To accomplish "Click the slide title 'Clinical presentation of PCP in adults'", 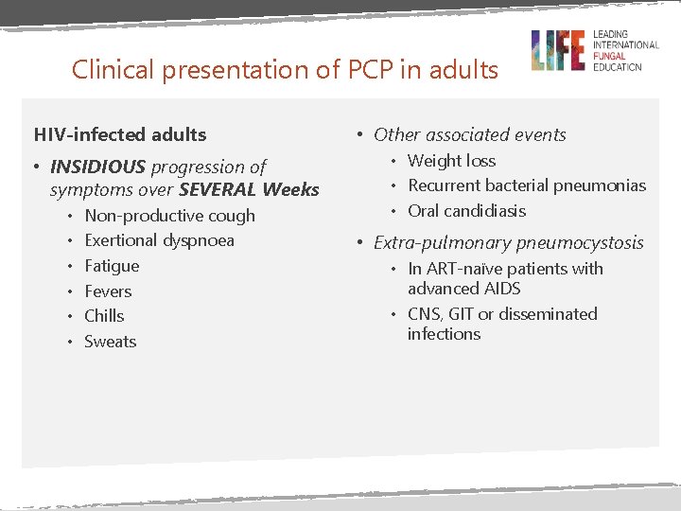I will pos(285,70).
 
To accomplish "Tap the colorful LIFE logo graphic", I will pos(557,50).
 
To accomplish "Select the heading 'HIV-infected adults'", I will pos(120,134).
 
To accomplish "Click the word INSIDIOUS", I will pos(97,167).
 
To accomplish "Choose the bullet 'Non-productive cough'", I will pos(169,216).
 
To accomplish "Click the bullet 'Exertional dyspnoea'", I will pos(159,240).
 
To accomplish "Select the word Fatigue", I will pos(112,266).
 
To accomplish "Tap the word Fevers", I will pos(108,291).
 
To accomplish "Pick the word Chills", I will pos(104,316).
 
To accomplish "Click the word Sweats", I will pos(110,342).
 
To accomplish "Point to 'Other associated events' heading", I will pos(469,134).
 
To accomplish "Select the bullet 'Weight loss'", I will pos(451,161).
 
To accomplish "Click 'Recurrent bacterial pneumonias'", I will pos(527,185).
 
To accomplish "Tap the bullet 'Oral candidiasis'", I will pos(466,211).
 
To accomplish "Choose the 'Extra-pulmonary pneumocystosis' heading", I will pos(508,242).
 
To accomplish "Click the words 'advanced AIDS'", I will pos(463,289).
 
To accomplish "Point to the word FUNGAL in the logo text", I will pos(615,56).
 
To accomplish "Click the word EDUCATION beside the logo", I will pos(618,67).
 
